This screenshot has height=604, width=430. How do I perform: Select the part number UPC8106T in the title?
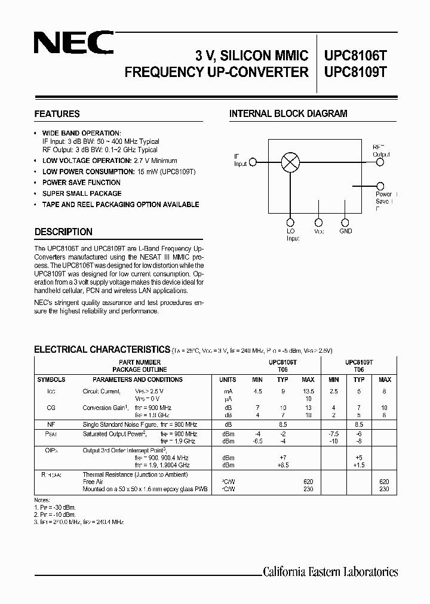pos(355,56)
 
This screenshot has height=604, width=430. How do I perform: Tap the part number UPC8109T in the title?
pos(355,72)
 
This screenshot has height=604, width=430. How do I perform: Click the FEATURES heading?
pos(57,114)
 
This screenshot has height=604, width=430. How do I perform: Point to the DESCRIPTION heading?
pos(63,232)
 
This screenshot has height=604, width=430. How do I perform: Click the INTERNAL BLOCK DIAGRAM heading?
pos(288,114)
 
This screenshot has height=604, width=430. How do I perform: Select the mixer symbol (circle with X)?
pos(291,161)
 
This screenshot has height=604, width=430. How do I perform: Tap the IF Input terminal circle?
pos(253,162)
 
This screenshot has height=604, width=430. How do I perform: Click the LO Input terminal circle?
pos(291,220)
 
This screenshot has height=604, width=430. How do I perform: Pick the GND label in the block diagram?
pos(345,231)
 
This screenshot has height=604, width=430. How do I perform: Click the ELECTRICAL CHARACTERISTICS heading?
pos(102,350)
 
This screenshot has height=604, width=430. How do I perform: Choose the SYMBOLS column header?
pos(51,380)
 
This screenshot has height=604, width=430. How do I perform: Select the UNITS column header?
pos(228,380)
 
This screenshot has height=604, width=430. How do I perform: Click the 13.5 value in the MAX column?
pos(308,392)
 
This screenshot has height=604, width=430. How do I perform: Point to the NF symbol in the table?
pos(51,424)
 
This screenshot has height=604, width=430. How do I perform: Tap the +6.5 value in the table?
pos(283,464)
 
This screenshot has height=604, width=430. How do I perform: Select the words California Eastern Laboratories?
pos(330,572)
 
